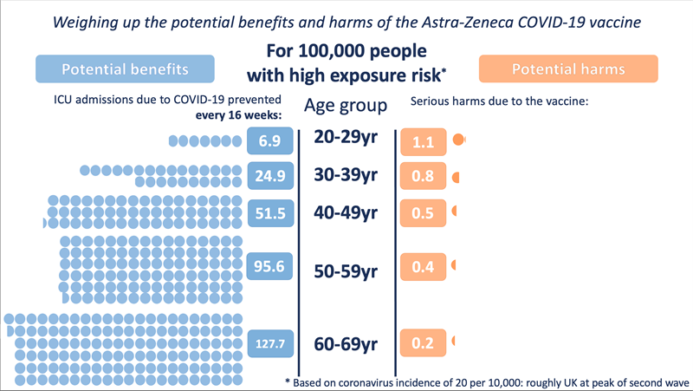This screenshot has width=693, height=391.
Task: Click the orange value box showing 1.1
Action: (423, 142)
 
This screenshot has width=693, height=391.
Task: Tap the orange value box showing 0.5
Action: (423, 213)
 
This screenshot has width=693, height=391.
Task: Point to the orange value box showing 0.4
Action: (423, 268)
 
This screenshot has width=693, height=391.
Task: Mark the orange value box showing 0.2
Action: (423, 343)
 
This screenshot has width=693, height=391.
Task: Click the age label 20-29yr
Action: (346, 139)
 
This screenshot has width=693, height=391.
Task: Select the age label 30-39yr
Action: (346, 176)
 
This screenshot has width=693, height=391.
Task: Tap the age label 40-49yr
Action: (346, 212)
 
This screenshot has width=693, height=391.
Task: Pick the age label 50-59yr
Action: (346, 271)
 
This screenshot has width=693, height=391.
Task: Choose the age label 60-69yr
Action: (346, 344)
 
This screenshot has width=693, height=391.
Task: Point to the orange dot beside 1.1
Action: (459, 140)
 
